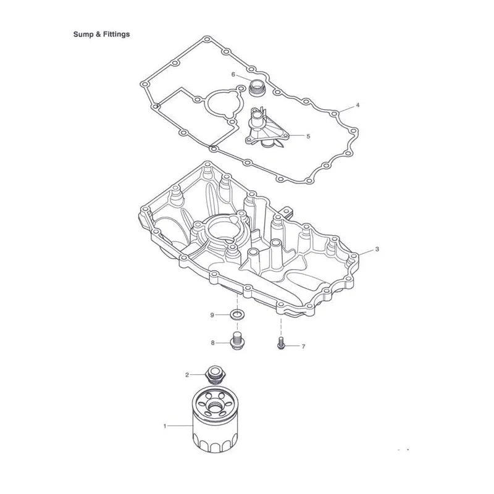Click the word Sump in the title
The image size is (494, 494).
pos(83,35)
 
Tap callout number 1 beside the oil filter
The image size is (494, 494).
pos(164,426)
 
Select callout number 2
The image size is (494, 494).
pos(187,375)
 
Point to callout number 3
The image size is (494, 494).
pos(377,249)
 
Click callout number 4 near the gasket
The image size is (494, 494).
pos(358,105)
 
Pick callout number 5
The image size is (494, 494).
pos(308,136)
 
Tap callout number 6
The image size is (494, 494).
pos(233,74)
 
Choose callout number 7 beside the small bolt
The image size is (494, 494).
pos(303,346)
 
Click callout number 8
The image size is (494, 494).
pos(212,343)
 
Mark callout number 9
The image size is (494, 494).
pos(212,315)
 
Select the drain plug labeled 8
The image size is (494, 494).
pos(237,341)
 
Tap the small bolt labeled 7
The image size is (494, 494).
pos(281,343)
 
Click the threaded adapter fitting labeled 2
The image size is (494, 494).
pos(214,375)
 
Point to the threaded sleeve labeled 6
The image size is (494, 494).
pos(257,88)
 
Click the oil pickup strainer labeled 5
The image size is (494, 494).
pos(267,129)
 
